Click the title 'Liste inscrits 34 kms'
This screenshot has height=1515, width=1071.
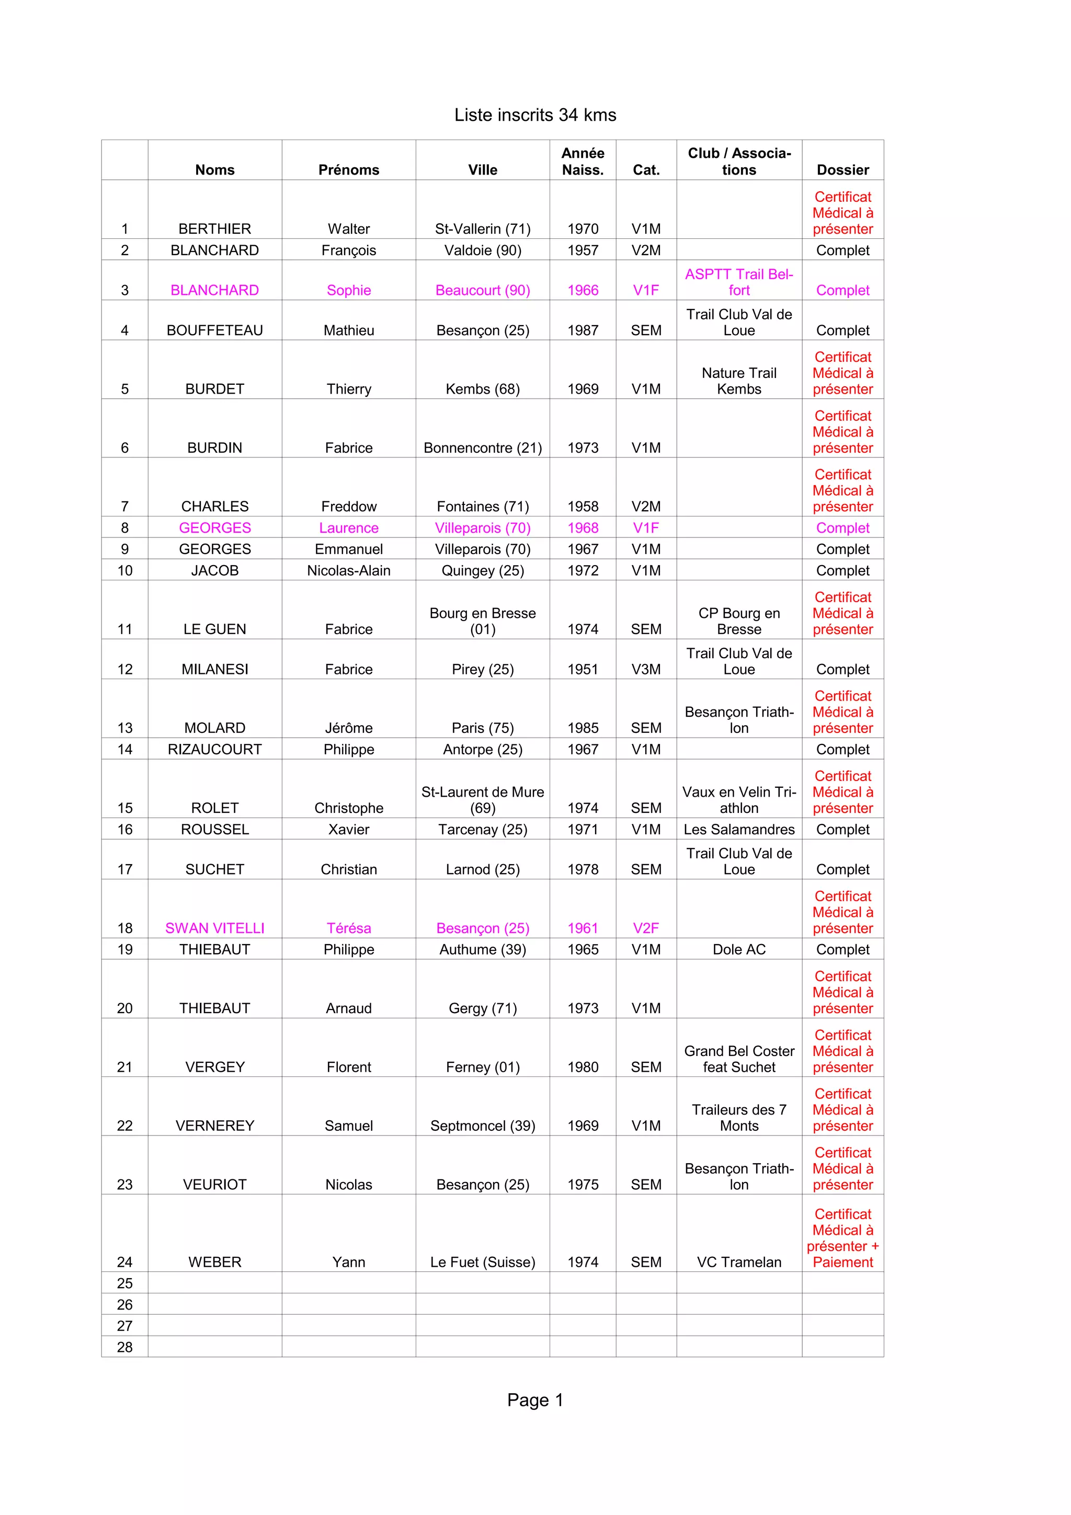(x=534, y=115)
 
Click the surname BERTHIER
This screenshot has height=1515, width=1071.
(x=214, y=229)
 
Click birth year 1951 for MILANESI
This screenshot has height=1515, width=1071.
(x=583, y=669)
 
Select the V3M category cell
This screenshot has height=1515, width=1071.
(x=645, y=669)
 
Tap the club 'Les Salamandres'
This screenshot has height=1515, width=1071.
(x=738, y=830)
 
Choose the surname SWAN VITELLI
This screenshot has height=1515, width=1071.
(x=214, y=928)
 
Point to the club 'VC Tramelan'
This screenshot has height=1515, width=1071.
(x=738, y=1262)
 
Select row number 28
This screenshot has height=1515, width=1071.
(x=124, y=1347)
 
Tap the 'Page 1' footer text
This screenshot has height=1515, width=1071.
(x=534, y=1400)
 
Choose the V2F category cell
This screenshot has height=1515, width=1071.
(x=645, y=928)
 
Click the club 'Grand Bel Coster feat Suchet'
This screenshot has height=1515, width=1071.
(x=738, y=1059)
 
